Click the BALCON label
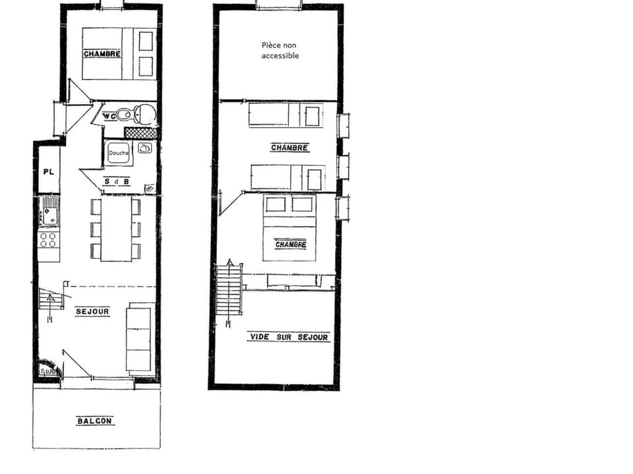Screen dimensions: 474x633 tap(95, 421)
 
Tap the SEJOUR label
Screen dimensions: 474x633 tap(92, 311)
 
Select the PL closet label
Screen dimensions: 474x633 tap(48, 171)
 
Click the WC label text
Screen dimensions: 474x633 tap(109, 117)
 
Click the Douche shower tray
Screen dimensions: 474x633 tap(118, 153)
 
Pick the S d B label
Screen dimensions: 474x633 tap(117, 181)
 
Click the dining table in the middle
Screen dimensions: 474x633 tap(116, 228)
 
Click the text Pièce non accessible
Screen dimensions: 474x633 tap(280, 51)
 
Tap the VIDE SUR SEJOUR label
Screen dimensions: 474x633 tap(288, 337)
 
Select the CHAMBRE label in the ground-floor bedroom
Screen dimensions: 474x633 tap(102, 54)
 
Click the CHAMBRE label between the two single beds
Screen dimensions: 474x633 tap(289, 147)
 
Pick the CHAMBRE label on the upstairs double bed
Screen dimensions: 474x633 tap(290, 244)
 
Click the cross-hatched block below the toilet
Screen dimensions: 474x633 tap(141, 133)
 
